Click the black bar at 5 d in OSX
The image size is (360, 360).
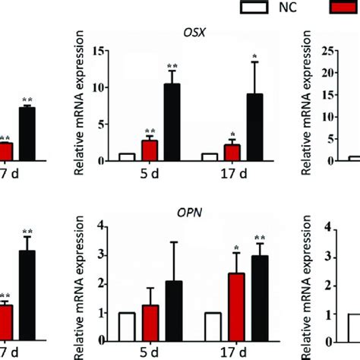pos(172,122)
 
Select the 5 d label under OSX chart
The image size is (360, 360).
pos(149,174)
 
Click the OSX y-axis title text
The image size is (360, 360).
pos(80,106)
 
